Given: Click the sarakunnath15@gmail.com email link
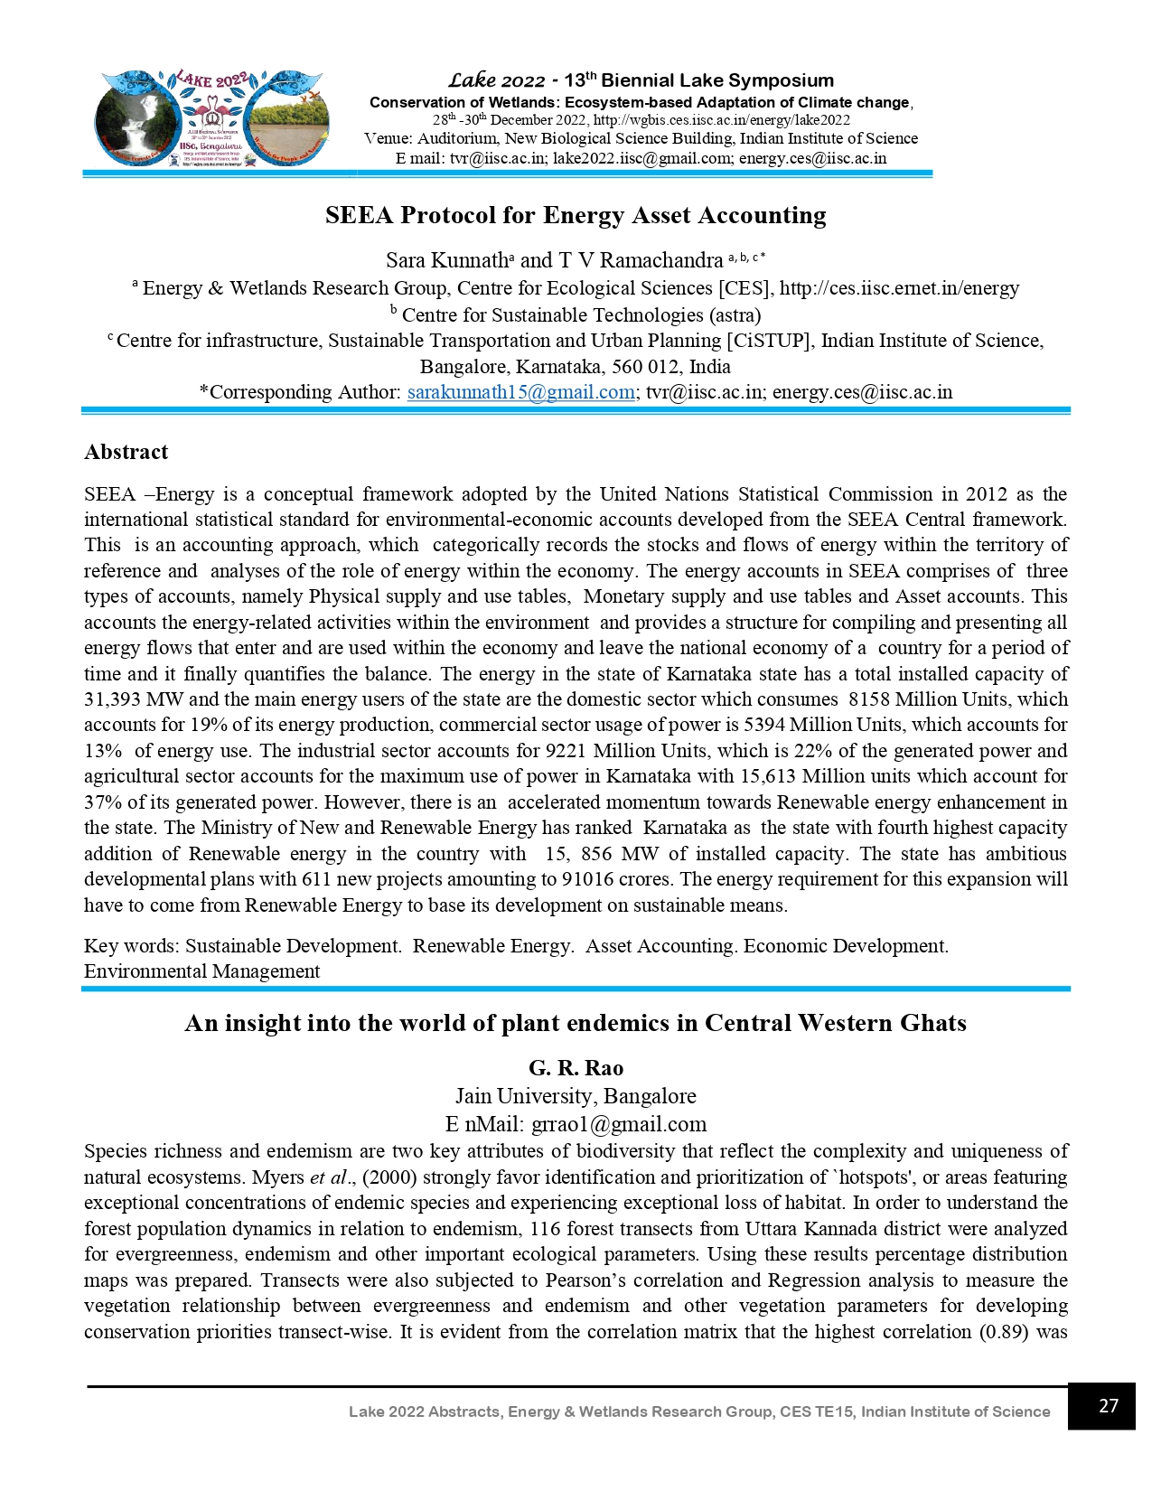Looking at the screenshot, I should pos(520,392).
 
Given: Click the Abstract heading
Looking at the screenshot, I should pos(126,452).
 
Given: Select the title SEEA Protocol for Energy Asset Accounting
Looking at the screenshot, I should pos(576,215).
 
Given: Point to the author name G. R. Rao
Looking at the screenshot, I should pos(576,1068).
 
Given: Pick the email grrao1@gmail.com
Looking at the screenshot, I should pos(619,1124).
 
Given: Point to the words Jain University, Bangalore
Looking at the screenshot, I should pos(576,1096).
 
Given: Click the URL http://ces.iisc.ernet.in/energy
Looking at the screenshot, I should pos(899,288).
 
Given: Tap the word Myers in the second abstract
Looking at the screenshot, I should pos(278,1177).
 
